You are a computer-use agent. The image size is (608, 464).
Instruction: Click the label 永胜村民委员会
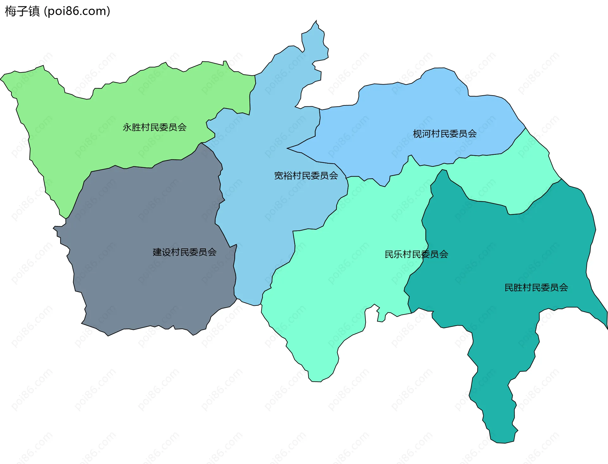click(155, 127)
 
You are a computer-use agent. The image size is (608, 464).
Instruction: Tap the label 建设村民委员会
click(185, 252)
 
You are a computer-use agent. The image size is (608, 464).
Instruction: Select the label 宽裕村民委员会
click(306, 176)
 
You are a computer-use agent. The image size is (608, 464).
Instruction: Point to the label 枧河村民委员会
click(445, 134)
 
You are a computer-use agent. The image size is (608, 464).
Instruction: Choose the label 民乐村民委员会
click(416, 254)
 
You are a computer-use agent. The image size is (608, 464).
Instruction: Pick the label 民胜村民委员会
click(536, 287)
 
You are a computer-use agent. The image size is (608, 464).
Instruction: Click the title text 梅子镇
click(22, 11)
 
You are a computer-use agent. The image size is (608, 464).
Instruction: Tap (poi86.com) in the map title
click(77, 11)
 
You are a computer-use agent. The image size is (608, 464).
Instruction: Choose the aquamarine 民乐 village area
click(348, 269)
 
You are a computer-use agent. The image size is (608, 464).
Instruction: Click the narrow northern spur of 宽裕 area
click(313, 41)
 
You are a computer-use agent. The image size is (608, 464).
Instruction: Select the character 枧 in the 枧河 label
click(417, 134)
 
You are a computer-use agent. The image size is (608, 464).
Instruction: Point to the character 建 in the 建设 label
click(157, 252)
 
